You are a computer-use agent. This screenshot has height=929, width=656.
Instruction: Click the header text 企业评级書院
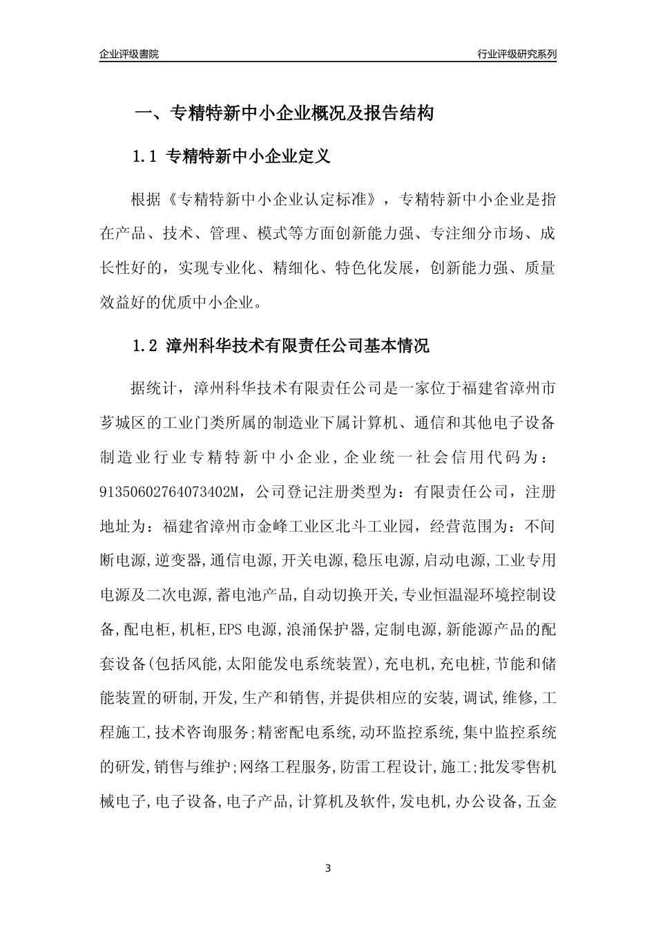coord(129,54)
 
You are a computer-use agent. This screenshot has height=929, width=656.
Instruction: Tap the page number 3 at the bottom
coord(328,868)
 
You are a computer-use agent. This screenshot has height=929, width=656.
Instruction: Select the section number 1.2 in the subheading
coord(146,346)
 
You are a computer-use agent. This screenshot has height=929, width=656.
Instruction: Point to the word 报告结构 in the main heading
coord(401,113)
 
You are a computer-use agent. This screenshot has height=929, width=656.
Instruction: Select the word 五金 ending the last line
coord(541,802)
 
